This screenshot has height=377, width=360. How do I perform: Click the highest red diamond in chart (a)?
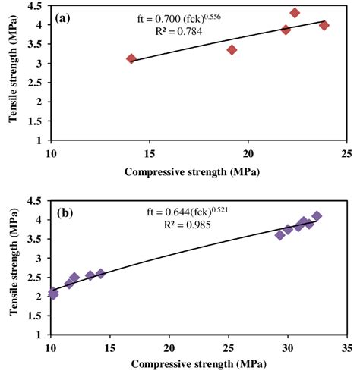pos(295,13)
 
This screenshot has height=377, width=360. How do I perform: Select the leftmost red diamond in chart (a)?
pos(131,58)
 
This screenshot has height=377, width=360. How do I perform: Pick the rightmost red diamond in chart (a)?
pos(324,25)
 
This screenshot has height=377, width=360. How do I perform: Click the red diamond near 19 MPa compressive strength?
pos(232,49)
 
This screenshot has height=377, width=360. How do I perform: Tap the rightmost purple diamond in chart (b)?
pos(317,216)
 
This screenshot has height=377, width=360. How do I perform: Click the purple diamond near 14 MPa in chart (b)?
pos(100,273)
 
